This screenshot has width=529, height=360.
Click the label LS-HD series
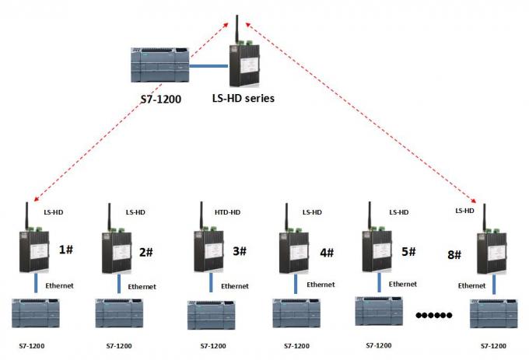pyautogui.click(x=243, y=100)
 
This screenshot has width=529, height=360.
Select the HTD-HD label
pyautogui.click(x=226, y=211)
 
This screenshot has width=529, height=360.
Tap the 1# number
pyautogui.click(x=66, y=250)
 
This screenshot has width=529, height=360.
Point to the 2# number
pyautogui.click(x=147, y=252)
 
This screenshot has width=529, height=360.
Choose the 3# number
pyautogui.click(x=239, y=251)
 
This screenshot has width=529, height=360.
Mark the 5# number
pyautogui.click(x=408, y=251)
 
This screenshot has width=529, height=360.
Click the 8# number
pyautogui.click(x=454, y=255)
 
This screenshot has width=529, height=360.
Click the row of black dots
pyautogui.click(x=434, y=315)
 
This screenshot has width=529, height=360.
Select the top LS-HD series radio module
pyautogui.click(x=242, y=64)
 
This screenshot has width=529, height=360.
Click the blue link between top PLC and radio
pyautogui.click(x=208, y=67)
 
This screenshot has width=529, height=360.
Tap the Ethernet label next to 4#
pyautogui.click(x=321, y=285)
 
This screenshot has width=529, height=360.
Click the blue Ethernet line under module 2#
pyautogui.click(x=118, y=284)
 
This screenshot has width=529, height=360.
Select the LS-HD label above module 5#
pyautogui.click(x=399, y=211)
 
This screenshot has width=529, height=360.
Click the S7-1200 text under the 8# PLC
pyautogui.click(x=496, y=344)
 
